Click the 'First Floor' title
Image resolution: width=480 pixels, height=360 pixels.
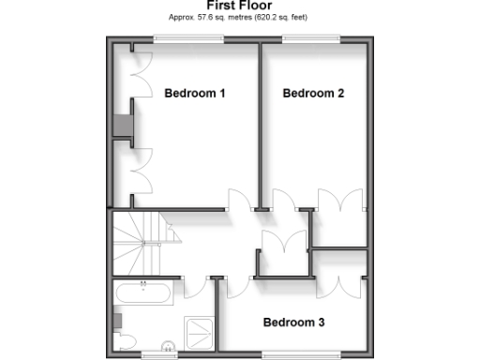coord(238,6)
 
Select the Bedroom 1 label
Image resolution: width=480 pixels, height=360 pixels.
coord(195,93)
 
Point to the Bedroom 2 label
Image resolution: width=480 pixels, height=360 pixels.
coord(313,93)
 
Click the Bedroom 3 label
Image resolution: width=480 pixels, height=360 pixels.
coord(293,322)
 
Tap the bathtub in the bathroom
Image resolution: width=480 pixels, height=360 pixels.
coord(143,293)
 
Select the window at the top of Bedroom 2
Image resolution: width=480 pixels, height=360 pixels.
coord(311,39)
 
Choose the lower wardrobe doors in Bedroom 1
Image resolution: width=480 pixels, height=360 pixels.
coord(140,173)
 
